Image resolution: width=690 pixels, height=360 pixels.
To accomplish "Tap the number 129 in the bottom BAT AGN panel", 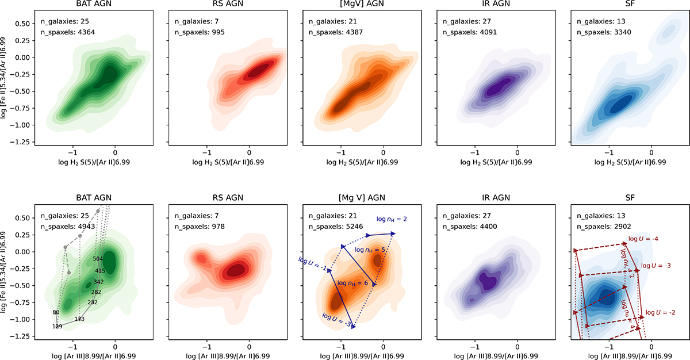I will (57, 327).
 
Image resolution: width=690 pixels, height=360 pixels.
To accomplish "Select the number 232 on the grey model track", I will (93, 302).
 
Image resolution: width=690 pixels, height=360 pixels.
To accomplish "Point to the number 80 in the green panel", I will (56, 313).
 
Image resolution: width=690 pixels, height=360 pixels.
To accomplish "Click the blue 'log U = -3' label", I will (336, 318).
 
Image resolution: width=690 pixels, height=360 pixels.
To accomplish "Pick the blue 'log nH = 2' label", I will (393, 219).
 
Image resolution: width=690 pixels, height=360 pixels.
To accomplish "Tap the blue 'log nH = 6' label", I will (352, 284).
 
